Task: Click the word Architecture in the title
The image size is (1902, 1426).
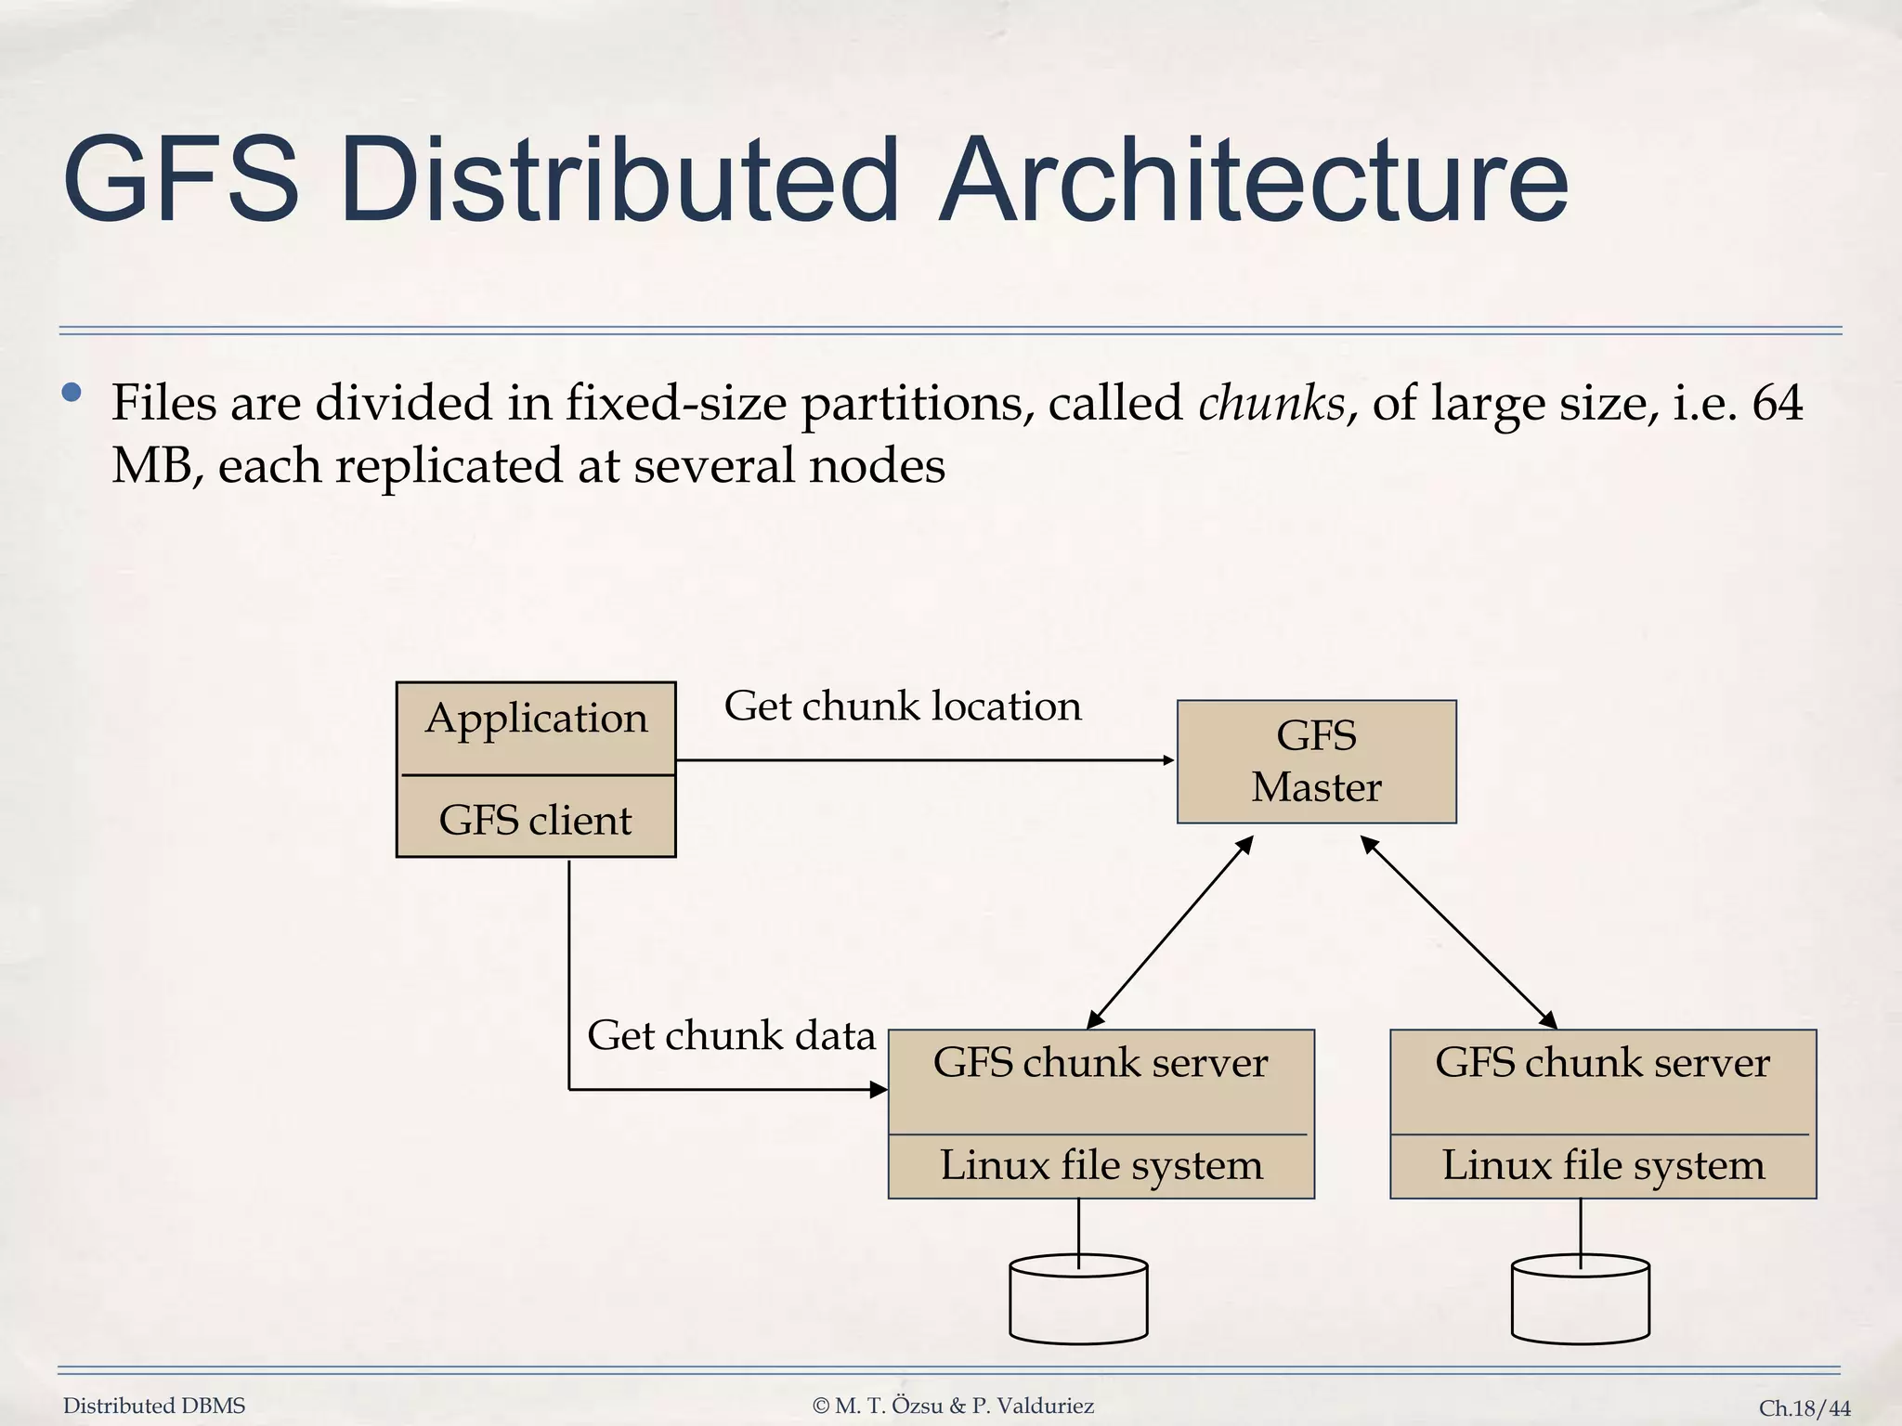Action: coord(1253,180)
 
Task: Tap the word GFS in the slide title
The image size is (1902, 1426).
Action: coord(181,180)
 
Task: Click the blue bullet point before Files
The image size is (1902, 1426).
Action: coord(72,393)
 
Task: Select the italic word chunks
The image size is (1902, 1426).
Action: coord(1271,403)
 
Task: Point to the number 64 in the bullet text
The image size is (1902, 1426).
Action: coord(1777,403)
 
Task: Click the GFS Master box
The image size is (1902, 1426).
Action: coord(1316,761)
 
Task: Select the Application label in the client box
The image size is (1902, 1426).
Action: coord(536,719)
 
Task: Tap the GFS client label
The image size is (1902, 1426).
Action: coord(535,820)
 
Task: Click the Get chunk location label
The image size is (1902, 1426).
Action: coord(903,706)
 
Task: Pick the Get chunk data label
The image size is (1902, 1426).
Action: coord(731,1035)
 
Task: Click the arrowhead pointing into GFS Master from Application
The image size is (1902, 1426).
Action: coord(1168,760)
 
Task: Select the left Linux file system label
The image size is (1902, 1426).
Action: coord(1101,1165)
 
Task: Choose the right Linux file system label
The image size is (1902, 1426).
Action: coord(1603,1165)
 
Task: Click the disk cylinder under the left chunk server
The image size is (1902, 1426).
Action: coord(1078,1300)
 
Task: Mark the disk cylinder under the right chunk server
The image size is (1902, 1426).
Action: coord(1580,1300)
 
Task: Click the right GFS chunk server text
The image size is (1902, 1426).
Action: coord(1602,1063)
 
